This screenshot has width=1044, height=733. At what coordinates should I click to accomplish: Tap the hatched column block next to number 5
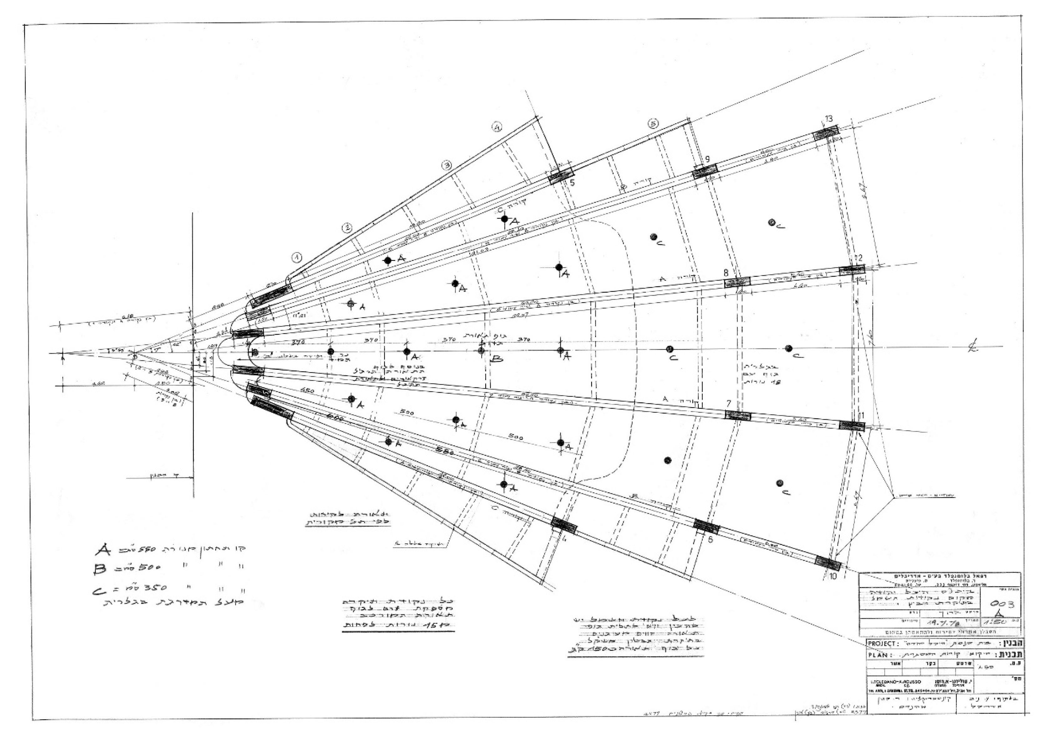[561, 176]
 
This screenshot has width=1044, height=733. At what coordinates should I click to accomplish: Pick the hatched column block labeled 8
[737, 282]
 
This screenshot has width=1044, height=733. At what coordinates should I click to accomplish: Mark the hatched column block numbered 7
[738, 415]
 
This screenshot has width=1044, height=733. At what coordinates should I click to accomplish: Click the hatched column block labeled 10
[828, 563]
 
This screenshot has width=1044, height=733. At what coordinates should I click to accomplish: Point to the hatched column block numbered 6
[706, 526]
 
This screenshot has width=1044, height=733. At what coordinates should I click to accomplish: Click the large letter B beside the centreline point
[497, 359]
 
